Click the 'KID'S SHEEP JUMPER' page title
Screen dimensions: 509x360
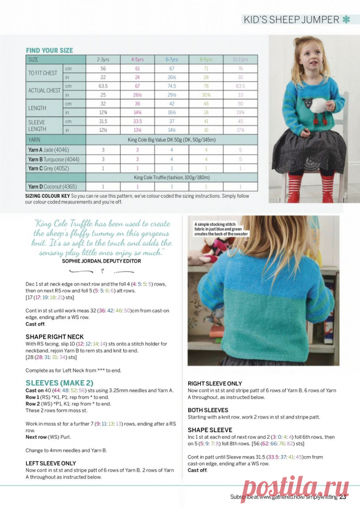291,20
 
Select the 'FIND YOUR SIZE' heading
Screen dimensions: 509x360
49,50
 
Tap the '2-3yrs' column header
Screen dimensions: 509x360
103,59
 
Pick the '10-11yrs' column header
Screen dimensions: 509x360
240,59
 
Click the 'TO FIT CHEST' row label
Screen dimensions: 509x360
43,74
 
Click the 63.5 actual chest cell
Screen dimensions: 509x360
103,86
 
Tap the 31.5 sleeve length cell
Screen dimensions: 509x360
103,121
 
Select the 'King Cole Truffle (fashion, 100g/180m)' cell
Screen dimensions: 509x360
172,178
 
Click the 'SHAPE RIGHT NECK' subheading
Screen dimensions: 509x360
55,337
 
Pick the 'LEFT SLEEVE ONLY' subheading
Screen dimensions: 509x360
51,463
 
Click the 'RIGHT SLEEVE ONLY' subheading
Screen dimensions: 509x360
215,384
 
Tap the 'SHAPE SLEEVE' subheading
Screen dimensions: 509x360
210,430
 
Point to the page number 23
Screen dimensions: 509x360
343,496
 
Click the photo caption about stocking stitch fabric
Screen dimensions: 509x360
220,229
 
